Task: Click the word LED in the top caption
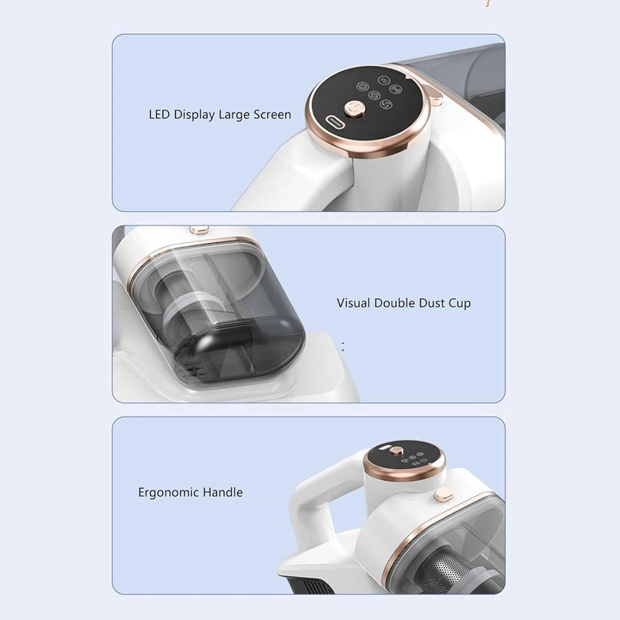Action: [x=159, y=115]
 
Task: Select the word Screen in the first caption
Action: [x=272, y=115]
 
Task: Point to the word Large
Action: [x=234, y=115]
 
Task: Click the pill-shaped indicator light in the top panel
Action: [x=335, y=122]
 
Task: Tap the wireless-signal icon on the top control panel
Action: [x=395, y=89]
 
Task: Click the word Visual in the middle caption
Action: [x=353, y=303]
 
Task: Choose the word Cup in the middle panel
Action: [x=459, y=304]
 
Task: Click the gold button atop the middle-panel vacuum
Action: [x=199, y=229]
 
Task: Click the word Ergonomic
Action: [x=169, y=493]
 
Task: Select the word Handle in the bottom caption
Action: [x=223, y=492]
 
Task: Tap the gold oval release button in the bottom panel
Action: [x=443, y=495]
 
